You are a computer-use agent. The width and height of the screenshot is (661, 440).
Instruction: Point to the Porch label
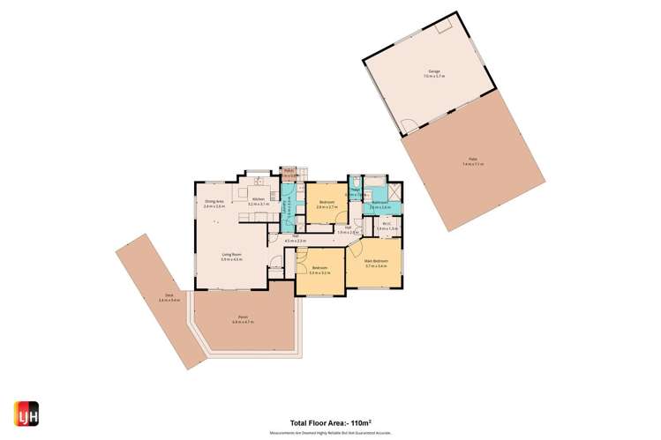pos(242,319)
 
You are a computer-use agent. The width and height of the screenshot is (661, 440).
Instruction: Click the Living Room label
pos(231,257)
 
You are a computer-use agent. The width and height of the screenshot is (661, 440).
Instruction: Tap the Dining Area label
pos(214,204)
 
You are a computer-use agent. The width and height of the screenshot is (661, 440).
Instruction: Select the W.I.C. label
pos(388,226)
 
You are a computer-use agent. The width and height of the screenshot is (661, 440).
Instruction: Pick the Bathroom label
pos(380,205)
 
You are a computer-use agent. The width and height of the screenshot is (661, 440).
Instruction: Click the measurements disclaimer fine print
pos(330,433)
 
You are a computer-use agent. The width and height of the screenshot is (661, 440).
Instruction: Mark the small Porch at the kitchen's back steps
pos(289,173)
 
